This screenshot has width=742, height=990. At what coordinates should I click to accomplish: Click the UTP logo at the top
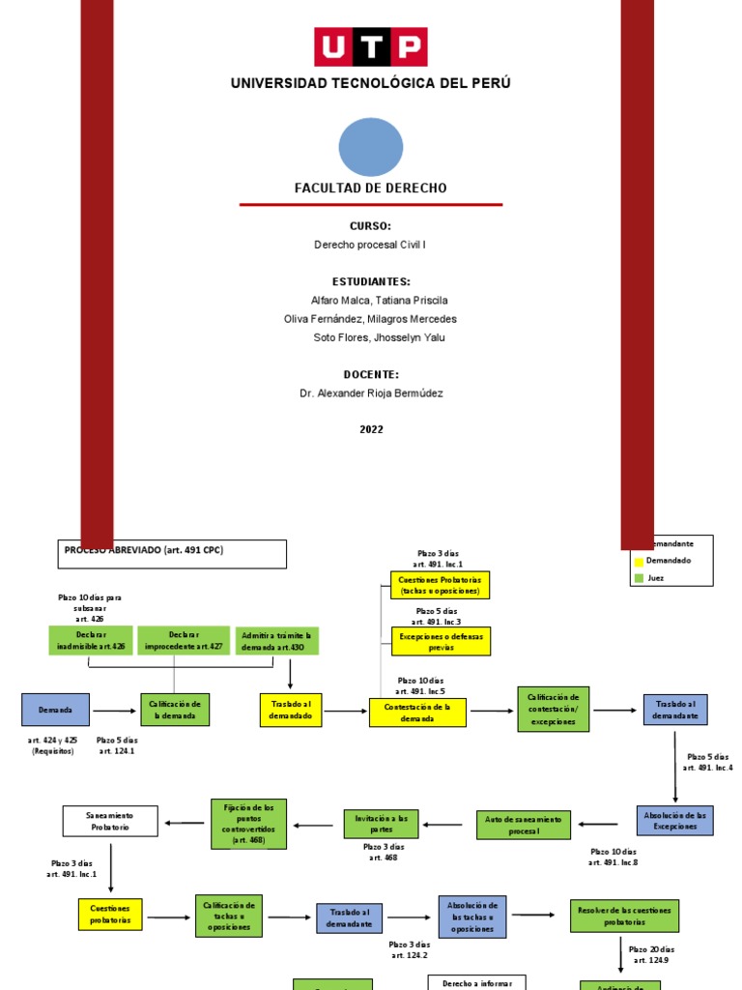pyautogui.click(x=370, y=47)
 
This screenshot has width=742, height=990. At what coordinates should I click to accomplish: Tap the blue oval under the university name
pyautogui.click(x=370, y=147)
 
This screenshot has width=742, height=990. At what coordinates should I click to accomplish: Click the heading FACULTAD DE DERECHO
pyautogui.click(x=370, y=188)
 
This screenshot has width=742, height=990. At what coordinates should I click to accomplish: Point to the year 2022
pyautogui.click(x=371, y=429)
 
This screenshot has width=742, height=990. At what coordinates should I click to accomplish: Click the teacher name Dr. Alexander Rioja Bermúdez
pyautogui.click(x=371, y=393)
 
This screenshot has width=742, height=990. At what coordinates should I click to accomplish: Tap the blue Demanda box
pyautogui.click(x=55, y=710)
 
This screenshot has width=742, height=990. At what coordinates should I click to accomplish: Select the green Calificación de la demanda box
pyautogui.click(x=175, y=710)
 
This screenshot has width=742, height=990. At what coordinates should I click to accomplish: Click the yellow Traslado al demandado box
pyautogui.click(x=290, y=710)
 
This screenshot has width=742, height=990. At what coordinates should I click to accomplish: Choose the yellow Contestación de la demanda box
pyautogui.click(x=417, y=713)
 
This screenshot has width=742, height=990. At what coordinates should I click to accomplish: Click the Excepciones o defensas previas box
pyautogui.click(x=441, y=640)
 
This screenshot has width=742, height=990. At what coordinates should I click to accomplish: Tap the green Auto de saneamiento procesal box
pyautogui.click(x=524, y=825)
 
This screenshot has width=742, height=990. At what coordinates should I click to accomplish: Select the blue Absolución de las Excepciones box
pyautogui.click(x=674, y=820)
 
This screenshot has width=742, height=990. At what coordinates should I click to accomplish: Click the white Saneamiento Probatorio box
pyautogui.click(x=110, y=821)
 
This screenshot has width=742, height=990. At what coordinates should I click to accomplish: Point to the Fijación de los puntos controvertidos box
pyautogui.click(x=248, y=824)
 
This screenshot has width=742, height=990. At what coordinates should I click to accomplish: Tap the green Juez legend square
pyautogui.click(x=639, y=578)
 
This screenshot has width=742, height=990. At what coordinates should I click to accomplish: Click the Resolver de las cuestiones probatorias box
pyautogui.click(x=624, y=916)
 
